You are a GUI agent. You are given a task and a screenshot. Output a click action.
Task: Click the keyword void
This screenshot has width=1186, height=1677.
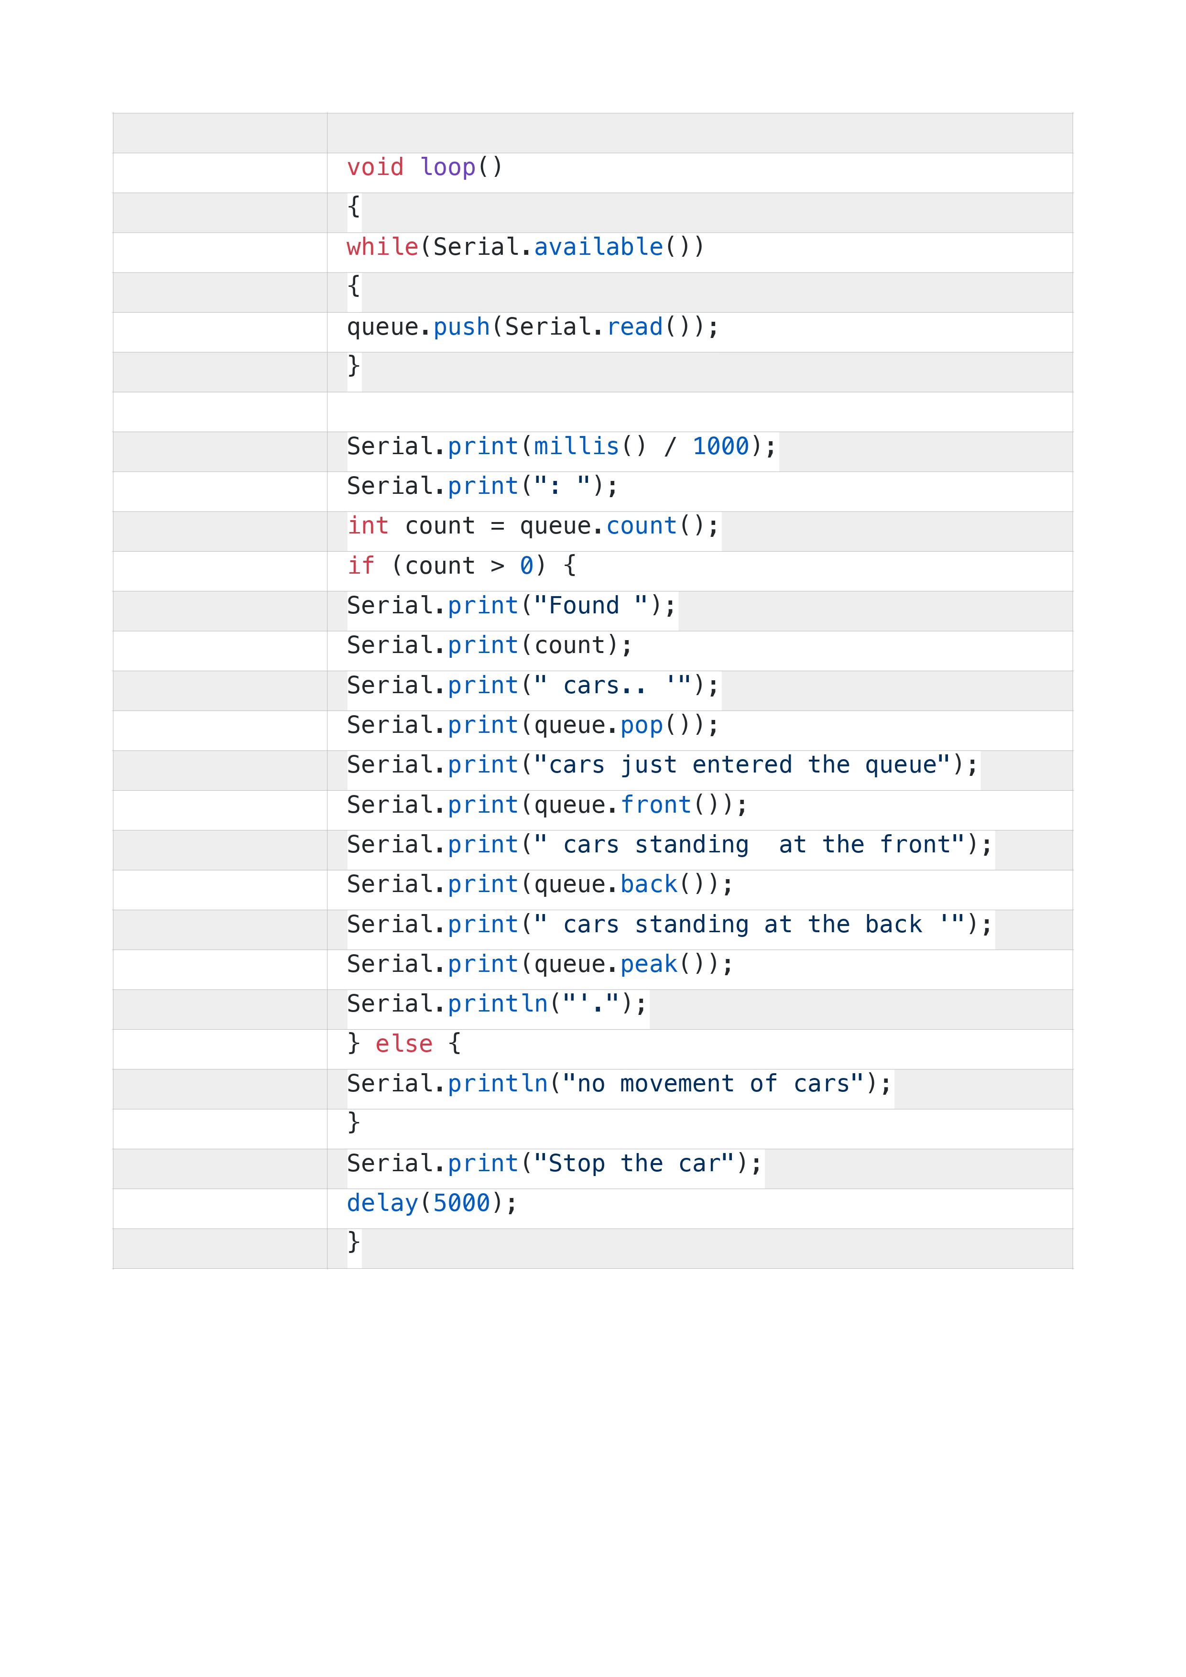(375, 167)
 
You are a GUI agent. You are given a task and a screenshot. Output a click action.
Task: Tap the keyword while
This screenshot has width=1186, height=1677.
(383, 247)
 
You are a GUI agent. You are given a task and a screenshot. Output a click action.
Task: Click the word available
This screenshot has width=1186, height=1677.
(599, 247)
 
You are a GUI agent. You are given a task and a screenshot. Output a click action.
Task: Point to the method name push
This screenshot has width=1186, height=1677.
(462, 327)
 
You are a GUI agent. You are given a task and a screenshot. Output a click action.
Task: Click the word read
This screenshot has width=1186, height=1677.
(635, 327)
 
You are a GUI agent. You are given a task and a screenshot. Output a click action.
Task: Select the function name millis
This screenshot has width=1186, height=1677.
(577, 446)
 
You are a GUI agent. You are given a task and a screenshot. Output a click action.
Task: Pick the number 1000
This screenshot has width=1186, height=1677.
(721, 446)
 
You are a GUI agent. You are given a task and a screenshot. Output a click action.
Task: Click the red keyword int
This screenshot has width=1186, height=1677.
(368, 526)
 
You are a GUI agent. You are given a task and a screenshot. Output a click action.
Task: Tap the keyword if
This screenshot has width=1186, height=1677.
(361, 566)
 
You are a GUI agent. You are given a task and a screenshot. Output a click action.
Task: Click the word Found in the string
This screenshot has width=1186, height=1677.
(584, 606)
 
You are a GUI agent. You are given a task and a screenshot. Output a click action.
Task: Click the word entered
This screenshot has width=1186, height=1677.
(743, 765)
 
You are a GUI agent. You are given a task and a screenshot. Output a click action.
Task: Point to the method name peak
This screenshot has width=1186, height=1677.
(649, 965)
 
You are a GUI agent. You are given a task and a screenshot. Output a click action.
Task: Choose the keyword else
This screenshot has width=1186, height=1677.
(404, 1044)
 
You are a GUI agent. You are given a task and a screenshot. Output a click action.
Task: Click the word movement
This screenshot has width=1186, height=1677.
(678, 1084)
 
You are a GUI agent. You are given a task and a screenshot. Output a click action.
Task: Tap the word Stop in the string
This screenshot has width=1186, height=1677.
(577, 1164)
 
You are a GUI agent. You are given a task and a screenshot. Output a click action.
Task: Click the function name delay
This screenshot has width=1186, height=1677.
(383, 1204)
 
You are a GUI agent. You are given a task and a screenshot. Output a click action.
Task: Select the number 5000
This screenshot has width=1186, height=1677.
(462, 1204)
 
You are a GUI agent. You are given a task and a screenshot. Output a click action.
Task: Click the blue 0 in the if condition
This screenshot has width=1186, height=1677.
(526, 566)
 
